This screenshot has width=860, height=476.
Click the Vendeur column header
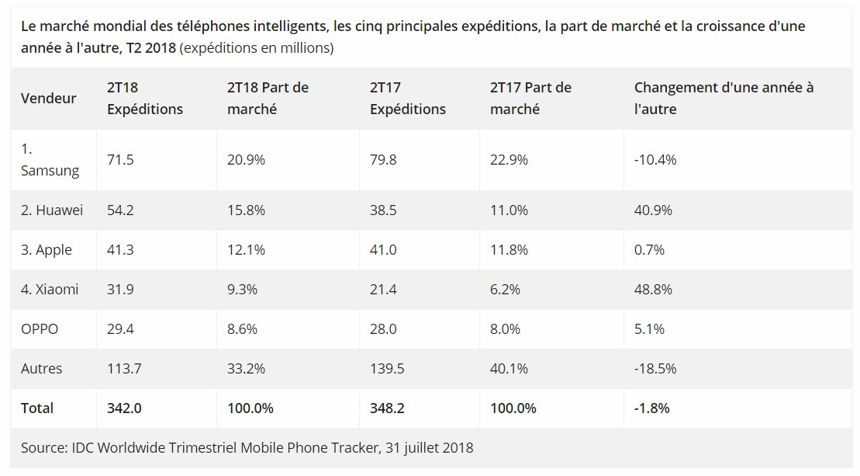pos(48,99)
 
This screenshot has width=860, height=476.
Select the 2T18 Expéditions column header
pos(144,99)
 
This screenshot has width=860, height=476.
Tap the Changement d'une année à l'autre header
pos(724,99)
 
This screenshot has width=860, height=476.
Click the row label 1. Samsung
pos(50,160)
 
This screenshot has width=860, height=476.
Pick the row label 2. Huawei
pos(52,210)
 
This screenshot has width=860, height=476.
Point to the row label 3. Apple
pos(47,250)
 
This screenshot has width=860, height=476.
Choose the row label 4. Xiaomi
pos(50,290)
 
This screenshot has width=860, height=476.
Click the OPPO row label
pos(40,329)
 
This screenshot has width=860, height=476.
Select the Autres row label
pos(42,369)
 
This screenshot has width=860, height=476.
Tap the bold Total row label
pos(37,408)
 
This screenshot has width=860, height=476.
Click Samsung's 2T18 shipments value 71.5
pos(120,160)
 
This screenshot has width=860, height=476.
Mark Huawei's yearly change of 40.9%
pos(653,210)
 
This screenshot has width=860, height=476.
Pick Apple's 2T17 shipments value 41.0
pos(383,250)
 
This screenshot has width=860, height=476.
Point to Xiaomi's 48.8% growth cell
pos(653,290)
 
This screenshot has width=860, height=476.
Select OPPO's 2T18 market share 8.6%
pos(242,329)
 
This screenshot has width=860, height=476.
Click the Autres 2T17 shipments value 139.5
pos(387,369)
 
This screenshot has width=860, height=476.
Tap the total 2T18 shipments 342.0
pos(124,408)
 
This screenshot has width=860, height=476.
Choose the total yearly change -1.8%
pos(651,408)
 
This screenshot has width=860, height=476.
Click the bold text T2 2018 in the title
pos(151,48)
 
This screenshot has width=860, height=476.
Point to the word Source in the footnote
pos(43,448)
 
